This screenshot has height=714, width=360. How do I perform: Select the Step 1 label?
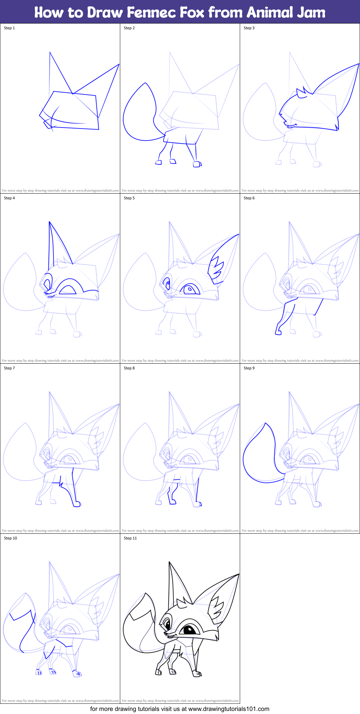click(x=9, y=28)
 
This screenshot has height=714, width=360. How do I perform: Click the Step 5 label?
click(x=129, y=198)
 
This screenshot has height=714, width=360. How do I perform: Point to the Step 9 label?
click(x=249, y=368)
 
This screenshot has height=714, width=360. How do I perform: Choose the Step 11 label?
click(x=130, y=538)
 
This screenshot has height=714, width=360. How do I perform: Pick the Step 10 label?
click(x=10, y=538)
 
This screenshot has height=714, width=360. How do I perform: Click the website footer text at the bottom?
click(x=180, y=709)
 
